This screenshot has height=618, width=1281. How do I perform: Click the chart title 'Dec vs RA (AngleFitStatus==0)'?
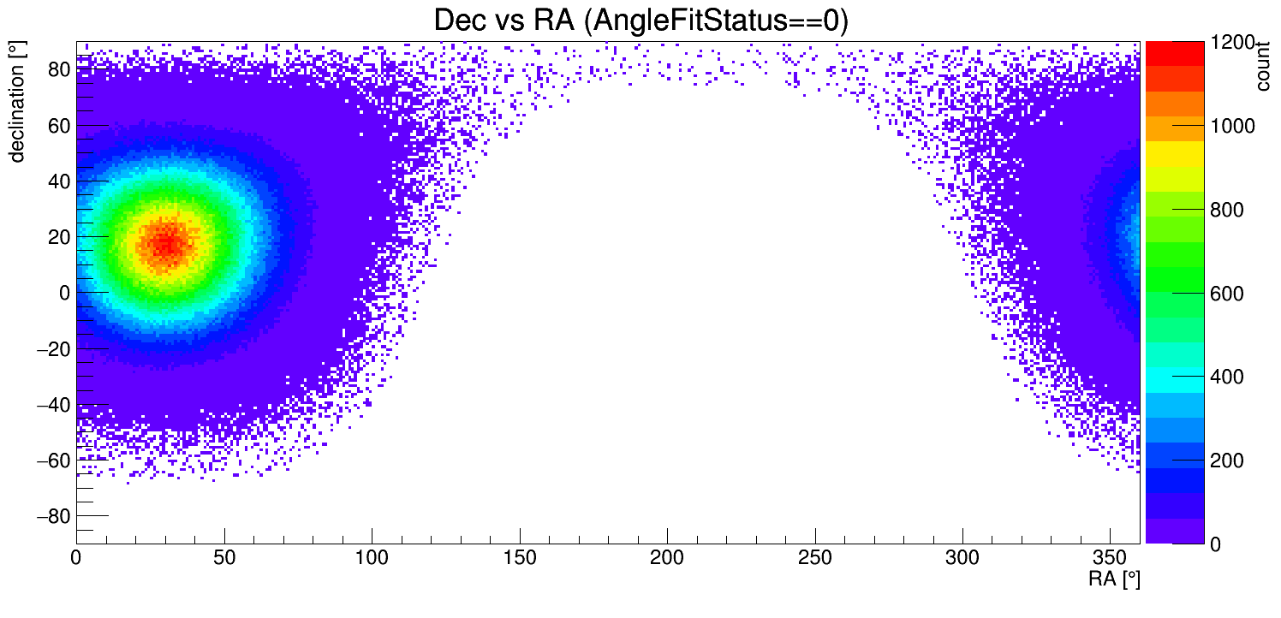pos(640,21)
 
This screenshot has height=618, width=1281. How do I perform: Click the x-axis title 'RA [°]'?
pos(1114,579)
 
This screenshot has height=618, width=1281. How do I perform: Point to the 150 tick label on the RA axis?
pos(519,559)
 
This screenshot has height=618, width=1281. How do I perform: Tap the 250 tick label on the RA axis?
pos(814,559)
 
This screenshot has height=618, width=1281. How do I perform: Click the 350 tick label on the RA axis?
pos(1110,559)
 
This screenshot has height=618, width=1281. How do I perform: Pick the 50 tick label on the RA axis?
pos(223,559)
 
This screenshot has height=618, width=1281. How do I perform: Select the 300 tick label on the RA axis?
pos(962,559)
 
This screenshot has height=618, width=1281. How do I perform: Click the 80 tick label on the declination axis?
pos(57,70)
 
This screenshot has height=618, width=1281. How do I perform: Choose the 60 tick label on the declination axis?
pos(57,126)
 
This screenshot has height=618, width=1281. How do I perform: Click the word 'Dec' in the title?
pos(463,21)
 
